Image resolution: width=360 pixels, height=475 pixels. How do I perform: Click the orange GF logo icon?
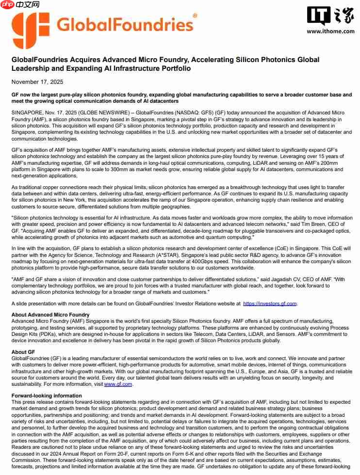[x=30, y=31]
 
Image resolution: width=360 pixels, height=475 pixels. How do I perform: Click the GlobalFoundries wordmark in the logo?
[x=125, y=24]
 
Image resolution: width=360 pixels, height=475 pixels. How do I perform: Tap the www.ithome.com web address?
[x=330, y=31]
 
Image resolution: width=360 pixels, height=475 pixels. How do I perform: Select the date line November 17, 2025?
[x=37, y=82]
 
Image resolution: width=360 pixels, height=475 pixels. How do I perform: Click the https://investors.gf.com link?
[x=270, y=303]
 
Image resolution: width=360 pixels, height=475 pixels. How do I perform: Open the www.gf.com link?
[x=118, y=384]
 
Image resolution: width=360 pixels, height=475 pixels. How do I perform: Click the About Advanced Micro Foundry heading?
[x=50, y=315]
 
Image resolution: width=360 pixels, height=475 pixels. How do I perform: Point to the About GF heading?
[x=23, y=352]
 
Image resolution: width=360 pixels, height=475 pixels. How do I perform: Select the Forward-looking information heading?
[x=47, y=396]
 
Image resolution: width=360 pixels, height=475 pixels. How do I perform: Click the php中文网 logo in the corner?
[x=20, y=5]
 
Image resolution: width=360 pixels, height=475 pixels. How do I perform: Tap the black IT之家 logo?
[x=330, y=16]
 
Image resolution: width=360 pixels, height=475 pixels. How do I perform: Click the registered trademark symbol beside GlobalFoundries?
[x=195, y=16]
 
